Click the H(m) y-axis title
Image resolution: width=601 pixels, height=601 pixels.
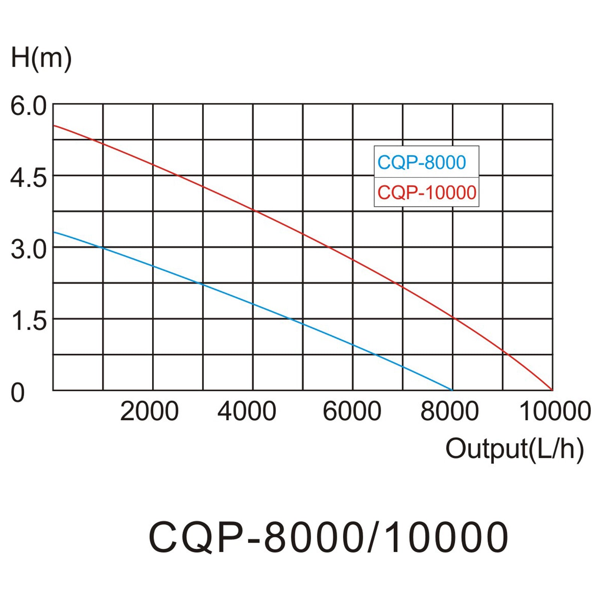41,58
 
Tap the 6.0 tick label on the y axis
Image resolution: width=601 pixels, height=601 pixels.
29,106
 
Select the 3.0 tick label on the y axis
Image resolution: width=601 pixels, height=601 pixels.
29,249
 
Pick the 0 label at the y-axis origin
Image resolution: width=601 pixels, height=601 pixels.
17,393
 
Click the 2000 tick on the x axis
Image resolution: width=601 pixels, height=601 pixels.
149,411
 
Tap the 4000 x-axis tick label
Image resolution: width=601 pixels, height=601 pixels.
247,411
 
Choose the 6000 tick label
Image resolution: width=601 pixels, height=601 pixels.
352,411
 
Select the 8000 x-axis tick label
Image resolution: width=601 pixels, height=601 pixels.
449,411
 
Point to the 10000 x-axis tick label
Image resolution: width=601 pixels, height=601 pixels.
555,411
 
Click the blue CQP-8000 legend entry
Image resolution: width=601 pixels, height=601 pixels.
421,162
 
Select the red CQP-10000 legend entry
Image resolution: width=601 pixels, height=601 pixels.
427,193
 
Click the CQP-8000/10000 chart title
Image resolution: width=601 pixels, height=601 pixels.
328,538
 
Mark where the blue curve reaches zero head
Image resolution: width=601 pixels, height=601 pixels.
452,390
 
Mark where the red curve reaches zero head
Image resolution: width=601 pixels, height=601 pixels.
552,390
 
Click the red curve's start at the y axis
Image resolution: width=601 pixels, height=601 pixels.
54,125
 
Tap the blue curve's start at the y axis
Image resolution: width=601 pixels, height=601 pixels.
54,232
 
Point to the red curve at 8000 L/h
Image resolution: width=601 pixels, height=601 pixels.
453,317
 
